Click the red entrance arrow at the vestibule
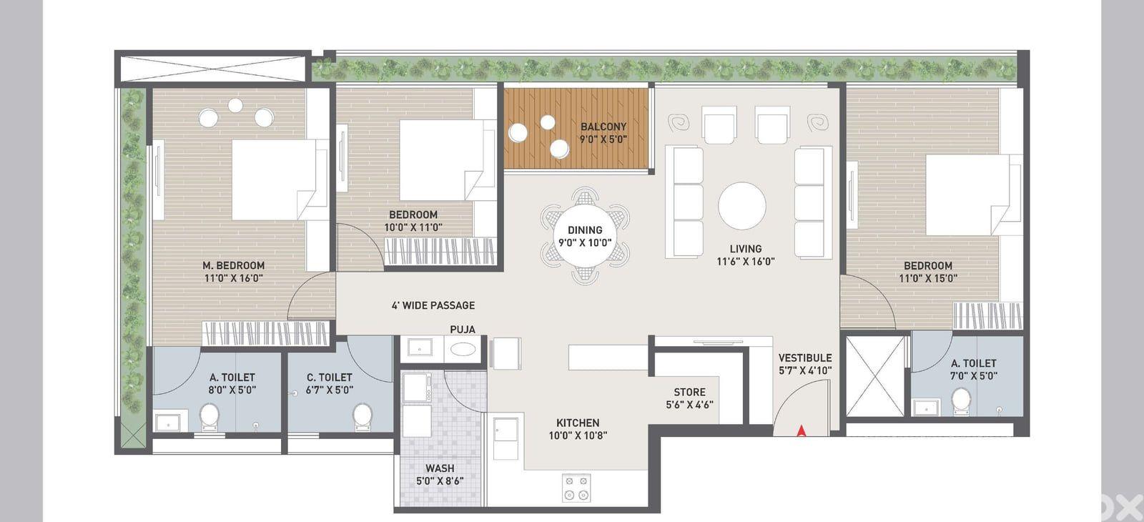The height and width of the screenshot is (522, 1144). click(802, 431)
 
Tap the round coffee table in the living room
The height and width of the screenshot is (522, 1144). click(742, 206)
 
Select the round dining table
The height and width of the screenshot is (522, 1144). click(585, 236)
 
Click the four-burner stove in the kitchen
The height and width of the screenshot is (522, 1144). click(576, 488)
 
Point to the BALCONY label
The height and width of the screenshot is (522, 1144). click(603, 126)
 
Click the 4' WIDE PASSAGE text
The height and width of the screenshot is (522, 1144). click(433, 305)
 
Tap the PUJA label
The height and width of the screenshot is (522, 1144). click(463, 330)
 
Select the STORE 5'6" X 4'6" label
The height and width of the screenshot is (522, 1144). click(689, 398)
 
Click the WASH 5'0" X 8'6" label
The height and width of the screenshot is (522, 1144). click(440, 475)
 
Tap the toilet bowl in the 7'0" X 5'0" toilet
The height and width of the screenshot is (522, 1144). click(962, 401)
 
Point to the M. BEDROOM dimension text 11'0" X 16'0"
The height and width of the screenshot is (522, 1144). click(233, 278)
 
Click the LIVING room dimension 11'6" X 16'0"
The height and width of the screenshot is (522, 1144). click(746, 262)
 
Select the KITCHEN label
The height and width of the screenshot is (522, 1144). click(578, 423)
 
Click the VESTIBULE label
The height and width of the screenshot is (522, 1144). click(805, 358)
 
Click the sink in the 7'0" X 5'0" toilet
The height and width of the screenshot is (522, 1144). click(926, 408)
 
